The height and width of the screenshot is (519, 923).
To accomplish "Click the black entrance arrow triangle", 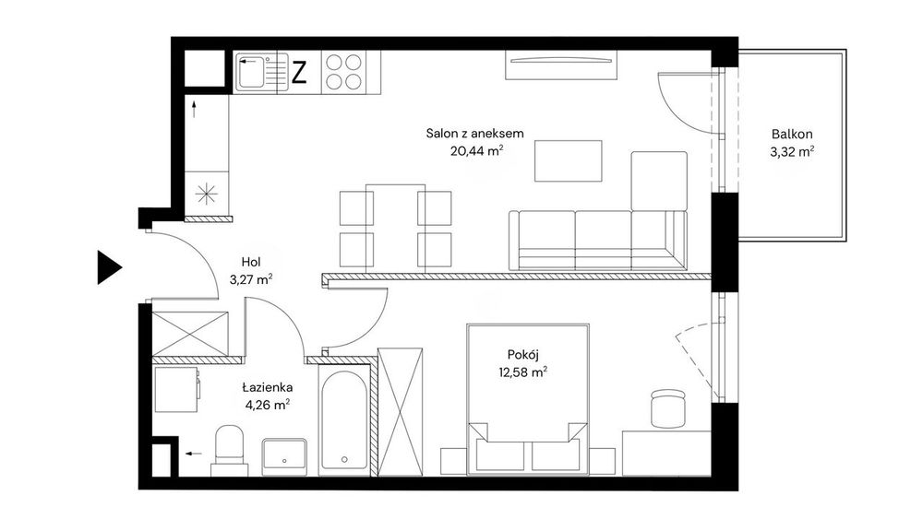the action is pyautogui.click(x=108, y=267).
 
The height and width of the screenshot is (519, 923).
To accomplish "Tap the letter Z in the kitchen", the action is pyautogui.click(x=299, y=72).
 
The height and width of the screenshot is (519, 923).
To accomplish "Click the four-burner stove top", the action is pyautogui.click(x=343, y=72).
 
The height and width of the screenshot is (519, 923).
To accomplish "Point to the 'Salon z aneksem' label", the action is pyautogui.click(x=474, y=134).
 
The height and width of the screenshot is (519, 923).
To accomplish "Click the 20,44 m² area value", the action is pyautogui.click(x=476, y=150).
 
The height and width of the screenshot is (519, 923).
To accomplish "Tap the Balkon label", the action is pyautogui.click(x=792, y=134).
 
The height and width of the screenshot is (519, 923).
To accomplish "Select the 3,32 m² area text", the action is pyautogui.click(x=792, y=152).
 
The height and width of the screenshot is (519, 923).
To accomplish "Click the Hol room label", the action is pyautogui.click(x=251, y=262).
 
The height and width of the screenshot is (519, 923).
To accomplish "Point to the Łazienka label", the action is pyautogui.click(x=268, y=387).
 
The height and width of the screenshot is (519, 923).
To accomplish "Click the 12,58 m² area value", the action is pyautogui.click(x=522, y=372).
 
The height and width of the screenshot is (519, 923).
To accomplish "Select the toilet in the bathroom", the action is pyautogui.click(x=230, y=450).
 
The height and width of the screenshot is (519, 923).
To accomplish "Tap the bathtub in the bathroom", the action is pyautogui.click(x=345, y=419).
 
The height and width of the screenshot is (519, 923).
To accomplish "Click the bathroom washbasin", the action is pyautogui.click(x=284, y=455).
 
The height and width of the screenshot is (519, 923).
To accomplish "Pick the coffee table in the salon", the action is pyautogui.click(x=568, y=160).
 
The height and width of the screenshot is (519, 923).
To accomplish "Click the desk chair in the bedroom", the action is pyautogui.click(x=668, y=407).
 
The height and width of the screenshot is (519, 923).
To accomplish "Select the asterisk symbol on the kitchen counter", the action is pyautogui.click(x=207, y=194).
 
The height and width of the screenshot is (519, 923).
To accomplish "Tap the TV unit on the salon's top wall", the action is pyautogui.click(x=561, y=65).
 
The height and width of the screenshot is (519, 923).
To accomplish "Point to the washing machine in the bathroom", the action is pyautogui.click(x=176, y=389).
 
